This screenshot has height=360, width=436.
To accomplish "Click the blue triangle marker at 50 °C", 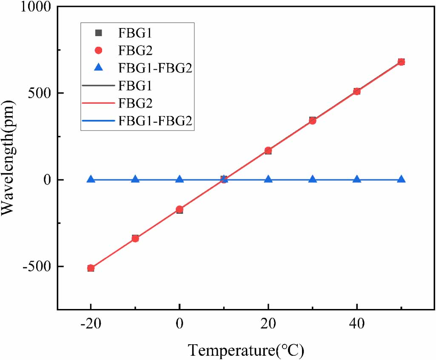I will coord(401,179).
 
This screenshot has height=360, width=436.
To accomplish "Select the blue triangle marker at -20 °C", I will coord(91,179).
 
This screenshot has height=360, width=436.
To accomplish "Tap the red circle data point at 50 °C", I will coord(401,62).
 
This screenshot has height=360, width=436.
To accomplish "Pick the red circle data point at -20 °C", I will coord(91,268).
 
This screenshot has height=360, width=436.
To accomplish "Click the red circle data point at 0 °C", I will coord(180,209).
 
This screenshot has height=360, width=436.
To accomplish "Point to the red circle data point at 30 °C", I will coord(313,121).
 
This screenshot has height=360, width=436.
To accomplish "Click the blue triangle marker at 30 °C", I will coord(313,179).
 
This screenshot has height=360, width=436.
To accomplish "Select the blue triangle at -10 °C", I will coord(135,179).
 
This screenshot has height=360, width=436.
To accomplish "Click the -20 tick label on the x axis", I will coord(90,324).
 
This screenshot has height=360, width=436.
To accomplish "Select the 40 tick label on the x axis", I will coord(357,324).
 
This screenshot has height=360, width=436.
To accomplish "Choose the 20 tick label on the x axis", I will coord(268,324).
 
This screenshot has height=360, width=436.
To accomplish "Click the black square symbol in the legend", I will coord(98,32).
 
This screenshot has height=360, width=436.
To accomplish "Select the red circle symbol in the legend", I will coord(98,50).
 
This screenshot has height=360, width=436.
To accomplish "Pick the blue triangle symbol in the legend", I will coord(98,68).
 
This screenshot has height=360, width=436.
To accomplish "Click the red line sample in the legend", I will coord(98,103).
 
